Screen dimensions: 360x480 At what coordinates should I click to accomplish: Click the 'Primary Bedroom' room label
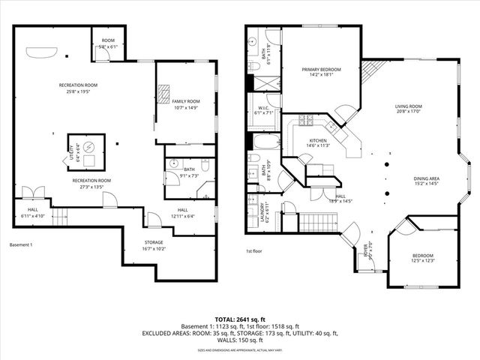321,70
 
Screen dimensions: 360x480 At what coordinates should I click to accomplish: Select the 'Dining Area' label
426,178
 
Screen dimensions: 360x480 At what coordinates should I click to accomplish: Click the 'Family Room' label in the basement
185,101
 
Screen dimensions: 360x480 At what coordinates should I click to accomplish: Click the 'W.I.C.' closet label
263,108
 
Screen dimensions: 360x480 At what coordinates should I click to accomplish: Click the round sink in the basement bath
172,162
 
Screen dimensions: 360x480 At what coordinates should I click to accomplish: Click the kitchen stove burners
306,121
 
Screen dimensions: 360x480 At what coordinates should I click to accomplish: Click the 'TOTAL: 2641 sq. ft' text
239,319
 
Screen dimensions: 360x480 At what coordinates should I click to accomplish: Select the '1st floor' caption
254,252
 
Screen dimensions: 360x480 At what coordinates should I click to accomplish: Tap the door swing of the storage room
154,220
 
